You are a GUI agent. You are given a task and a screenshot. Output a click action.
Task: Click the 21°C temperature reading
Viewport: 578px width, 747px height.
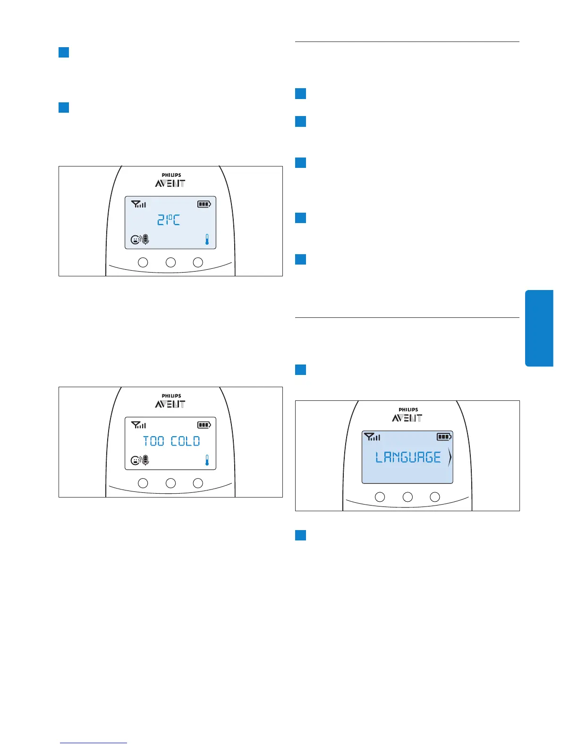click(169, 220)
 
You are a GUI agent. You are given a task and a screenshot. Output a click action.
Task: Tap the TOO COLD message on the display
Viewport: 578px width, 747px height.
click(171, 441)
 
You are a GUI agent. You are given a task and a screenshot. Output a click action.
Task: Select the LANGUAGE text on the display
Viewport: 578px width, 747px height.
click(408, 457)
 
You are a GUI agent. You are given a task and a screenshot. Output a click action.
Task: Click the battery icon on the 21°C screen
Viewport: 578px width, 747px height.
click(204, 204)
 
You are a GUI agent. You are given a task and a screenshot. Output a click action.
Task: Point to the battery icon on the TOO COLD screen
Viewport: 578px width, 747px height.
click(204, 425)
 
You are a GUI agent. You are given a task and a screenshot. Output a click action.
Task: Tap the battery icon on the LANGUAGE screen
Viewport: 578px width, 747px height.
click(444, 437)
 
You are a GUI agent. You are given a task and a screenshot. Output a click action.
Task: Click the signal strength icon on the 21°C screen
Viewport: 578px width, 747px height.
click(138, 204)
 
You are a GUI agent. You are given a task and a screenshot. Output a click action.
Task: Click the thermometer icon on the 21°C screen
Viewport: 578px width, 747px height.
click(207, 240)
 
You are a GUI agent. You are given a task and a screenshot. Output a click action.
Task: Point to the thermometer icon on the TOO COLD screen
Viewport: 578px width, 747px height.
click(207, 460)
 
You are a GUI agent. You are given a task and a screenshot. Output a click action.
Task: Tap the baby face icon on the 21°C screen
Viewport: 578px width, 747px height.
click(135, 240)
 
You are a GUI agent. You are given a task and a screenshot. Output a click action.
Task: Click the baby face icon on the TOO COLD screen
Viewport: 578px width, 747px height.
click(135, 461)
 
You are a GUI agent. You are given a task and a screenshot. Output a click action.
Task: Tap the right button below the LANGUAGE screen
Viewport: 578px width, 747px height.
click(435, 497)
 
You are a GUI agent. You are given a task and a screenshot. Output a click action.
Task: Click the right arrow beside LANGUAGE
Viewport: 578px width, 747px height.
click(450, 457)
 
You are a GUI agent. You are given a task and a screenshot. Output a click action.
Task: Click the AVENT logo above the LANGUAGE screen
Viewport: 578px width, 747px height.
click(408, 418)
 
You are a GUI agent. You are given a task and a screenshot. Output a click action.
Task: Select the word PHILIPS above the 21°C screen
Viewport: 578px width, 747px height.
click(171, 175)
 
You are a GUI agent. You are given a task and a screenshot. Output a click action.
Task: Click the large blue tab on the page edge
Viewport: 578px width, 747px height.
click(539, 328)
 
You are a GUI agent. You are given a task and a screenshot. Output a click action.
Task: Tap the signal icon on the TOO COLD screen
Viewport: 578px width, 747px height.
click(138, 425)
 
